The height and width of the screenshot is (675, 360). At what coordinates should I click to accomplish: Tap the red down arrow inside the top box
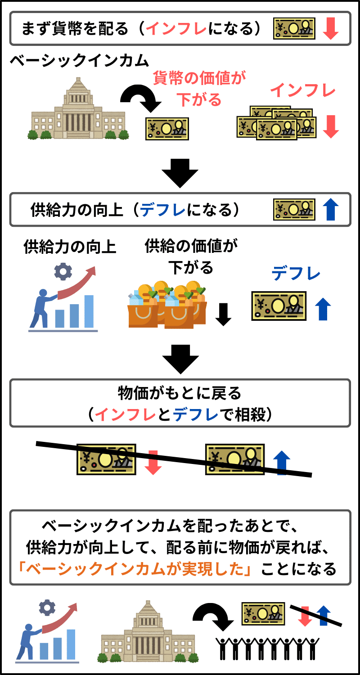[330, 29]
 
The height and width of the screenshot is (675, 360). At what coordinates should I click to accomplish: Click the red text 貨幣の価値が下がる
[200, 89]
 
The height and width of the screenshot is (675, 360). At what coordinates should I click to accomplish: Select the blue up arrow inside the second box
[330, 210]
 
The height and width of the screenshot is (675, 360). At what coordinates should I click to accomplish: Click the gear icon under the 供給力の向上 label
[63, 271]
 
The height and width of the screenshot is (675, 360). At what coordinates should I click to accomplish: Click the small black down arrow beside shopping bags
[223, 314]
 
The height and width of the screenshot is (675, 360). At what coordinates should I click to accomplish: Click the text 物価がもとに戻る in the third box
[180, 394]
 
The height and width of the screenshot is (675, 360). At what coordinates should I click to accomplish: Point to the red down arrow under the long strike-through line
[153, 463]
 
